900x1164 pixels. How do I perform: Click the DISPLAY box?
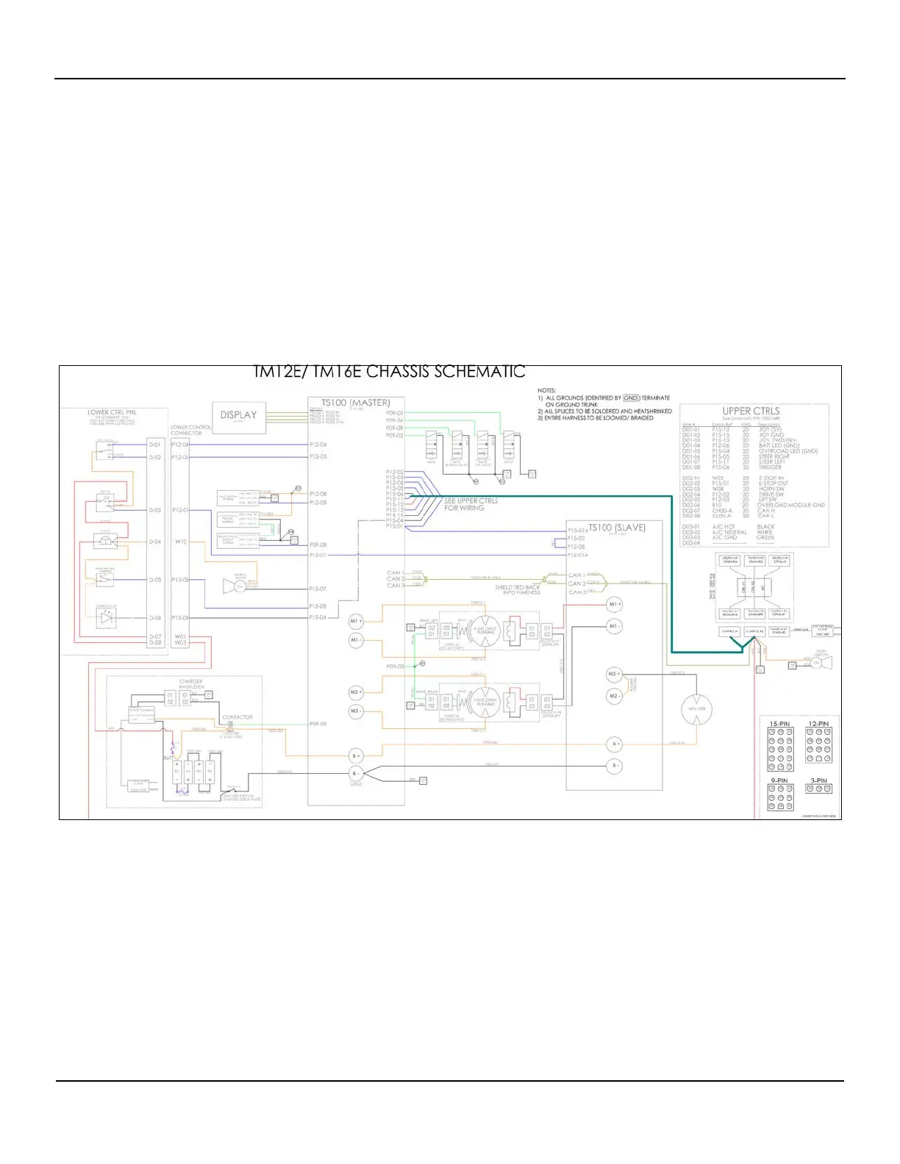tap(239, 415)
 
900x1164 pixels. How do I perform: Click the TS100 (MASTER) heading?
tap(356, 403)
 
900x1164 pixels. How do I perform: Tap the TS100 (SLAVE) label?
tap(617, 528)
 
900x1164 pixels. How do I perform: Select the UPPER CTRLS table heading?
tap(751, 411)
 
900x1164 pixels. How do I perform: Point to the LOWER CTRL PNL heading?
tap(112, 412)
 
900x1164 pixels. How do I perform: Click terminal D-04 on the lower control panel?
tap(154, 542)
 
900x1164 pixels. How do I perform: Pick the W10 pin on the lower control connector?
tap(181, 542)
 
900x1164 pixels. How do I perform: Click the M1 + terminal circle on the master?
tap(356, 621)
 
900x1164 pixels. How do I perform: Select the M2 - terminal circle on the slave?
tap(614, 695)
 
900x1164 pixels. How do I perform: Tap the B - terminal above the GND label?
tap(356, 773)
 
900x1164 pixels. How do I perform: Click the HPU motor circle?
tap(696, 709)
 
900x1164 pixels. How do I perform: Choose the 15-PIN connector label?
tap(779, 724)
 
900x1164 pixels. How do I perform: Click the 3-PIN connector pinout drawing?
tap(818, 789)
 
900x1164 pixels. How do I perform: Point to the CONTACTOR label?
tap(238, 717)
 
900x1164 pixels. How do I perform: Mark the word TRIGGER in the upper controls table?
tap(771, 467)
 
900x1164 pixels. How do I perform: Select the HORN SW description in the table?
tap(772, 489)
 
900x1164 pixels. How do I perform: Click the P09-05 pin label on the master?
tap(318, 724)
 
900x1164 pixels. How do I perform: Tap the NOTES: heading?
tap(547, 391)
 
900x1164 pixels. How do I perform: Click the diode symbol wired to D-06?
tap(107, 618)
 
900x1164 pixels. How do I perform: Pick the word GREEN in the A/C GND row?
tap(765, 537)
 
